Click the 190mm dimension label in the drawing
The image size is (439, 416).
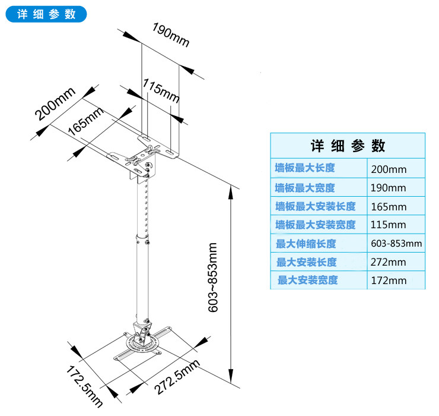click(171, 35)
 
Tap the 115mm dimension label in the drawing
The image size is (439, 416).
click(161, 90)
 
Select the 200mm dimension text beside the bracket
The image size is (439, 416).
click(55, 103)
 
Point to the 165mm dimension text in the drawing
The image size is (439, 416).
click(85, 121)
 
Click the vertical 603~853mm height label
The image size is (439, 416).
click(213, 278)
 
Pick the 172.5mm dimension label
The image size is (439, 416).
click(84, 386)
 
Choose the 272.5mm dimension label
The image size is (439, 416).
click(177, 377)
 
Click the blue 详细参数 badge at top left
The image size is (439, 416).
click(46, 14)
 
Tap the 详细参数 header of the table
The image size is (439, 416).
click(348, 146)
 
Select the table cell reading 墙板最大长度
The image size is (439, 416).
click(305, 168)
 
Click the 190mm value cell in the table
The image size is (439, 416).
click(389, 188)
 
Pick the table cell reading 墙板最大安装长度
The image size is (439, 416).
click(316, 206)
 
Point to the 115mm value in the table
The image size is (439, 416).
click(389, 225)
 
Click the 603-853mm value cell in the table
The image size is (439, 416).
click(396, 243)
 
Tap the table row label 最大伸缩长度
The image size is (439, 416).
click(306, 244)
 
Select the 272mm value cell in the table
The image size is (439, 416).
click(389, 262)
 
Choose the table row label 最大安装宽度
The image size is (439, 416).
click(308, 280)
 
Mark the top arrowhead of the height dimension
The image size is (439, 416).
click(230, 192)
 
